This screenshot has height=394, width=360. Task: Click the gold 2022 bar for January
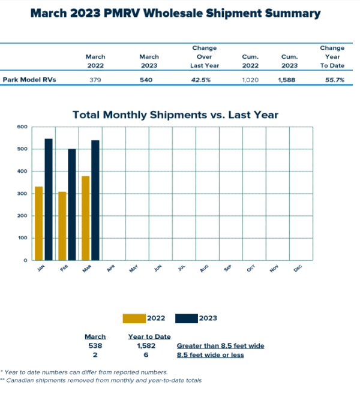39,223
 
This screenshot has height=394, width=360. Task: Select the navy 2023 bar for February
72,204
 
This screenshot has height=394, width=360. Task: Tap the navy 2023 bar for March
95,200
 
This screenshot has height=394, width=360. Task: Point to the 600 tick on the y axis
22,127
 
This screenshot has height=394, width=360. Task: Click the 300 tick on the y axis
22,194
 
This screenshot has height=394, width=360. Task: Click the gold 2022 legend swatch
134,318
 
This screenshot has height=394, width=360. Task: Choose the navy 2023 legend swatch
187,318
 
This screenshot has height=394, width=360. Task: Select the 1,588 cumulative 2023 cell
289,80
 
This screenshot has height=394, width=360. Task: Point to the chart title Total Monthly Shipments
175,115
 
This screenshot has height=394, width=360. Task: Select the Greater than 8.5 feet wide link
220,346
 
